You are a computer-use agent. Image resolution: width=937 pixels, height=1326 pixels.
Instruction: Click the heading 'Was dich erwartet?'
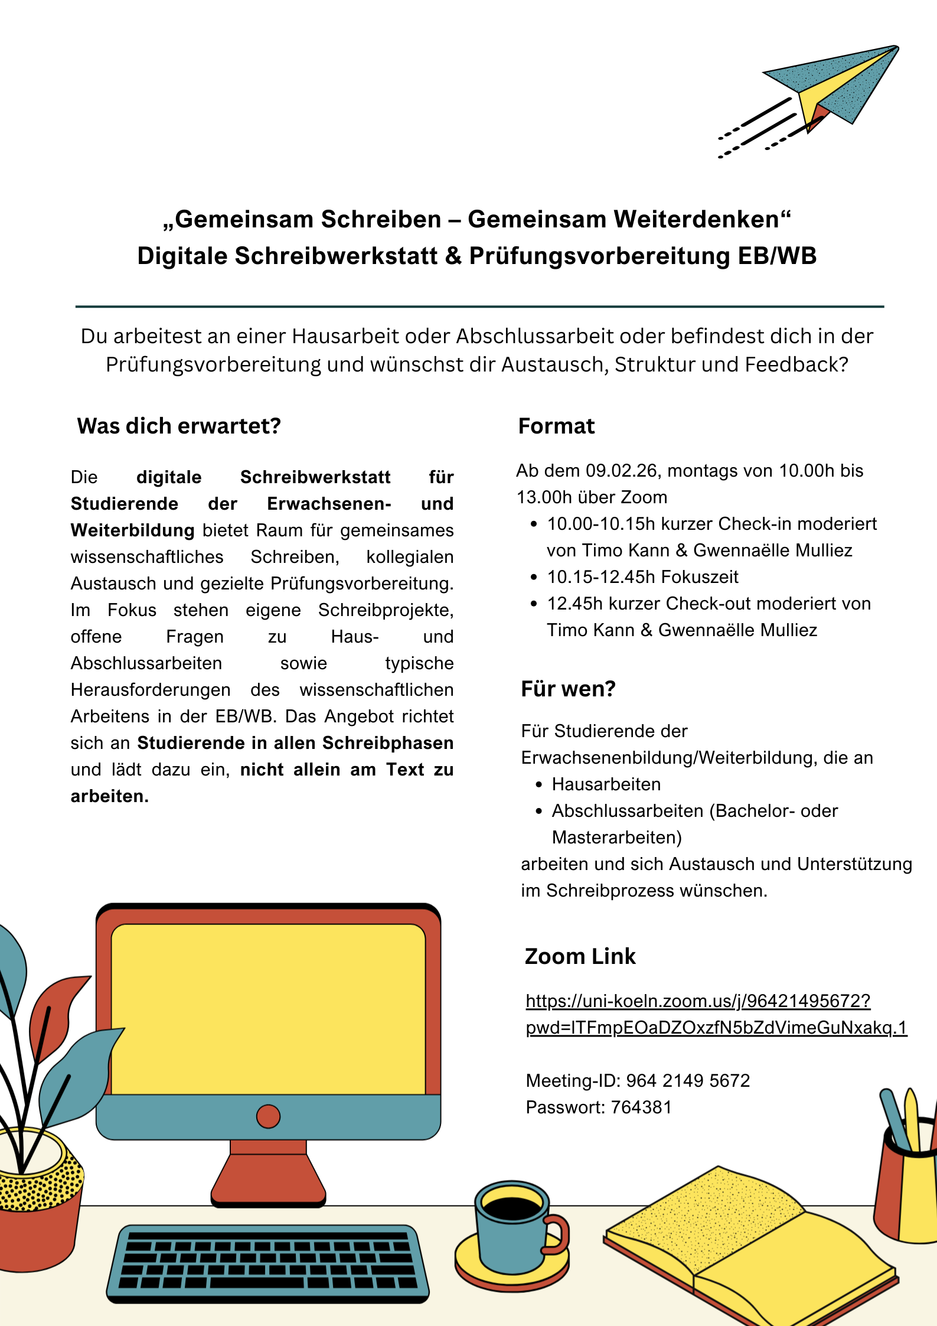(x=179, y=426)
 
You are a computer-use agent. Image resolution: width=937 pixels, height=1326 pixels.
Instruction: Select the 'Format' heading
(x=556, y=426)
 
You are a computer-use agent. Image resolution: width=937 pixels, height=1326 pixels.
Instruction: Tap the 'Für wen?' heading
(x=568, y=689)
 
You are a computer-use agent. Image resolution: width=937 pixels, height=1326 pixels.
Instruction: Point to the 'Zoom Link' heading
(x=580, y=956)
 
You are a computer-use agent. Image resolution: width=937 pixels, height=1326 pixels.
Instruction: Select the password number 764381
(x=641, y=1107)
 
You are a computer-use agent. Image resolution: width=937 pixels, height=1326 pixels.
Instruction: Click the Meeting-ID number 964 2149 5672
(x=688, y=1080)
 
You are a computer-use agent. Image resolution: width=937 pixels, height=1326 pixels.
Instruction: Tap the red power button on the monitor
(x=268, y=1116)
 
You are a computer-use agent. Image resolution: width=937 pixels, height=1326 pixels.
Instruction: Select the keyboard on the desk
(x=268, y=1264)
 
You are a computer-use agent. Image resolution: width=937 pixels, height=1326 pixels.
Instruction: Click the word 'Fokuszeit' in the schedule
(x=700, y=577)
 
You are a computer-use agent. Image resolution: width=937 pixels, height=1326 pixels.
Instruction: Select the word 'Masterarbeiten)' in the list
(x=617, y=838)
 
